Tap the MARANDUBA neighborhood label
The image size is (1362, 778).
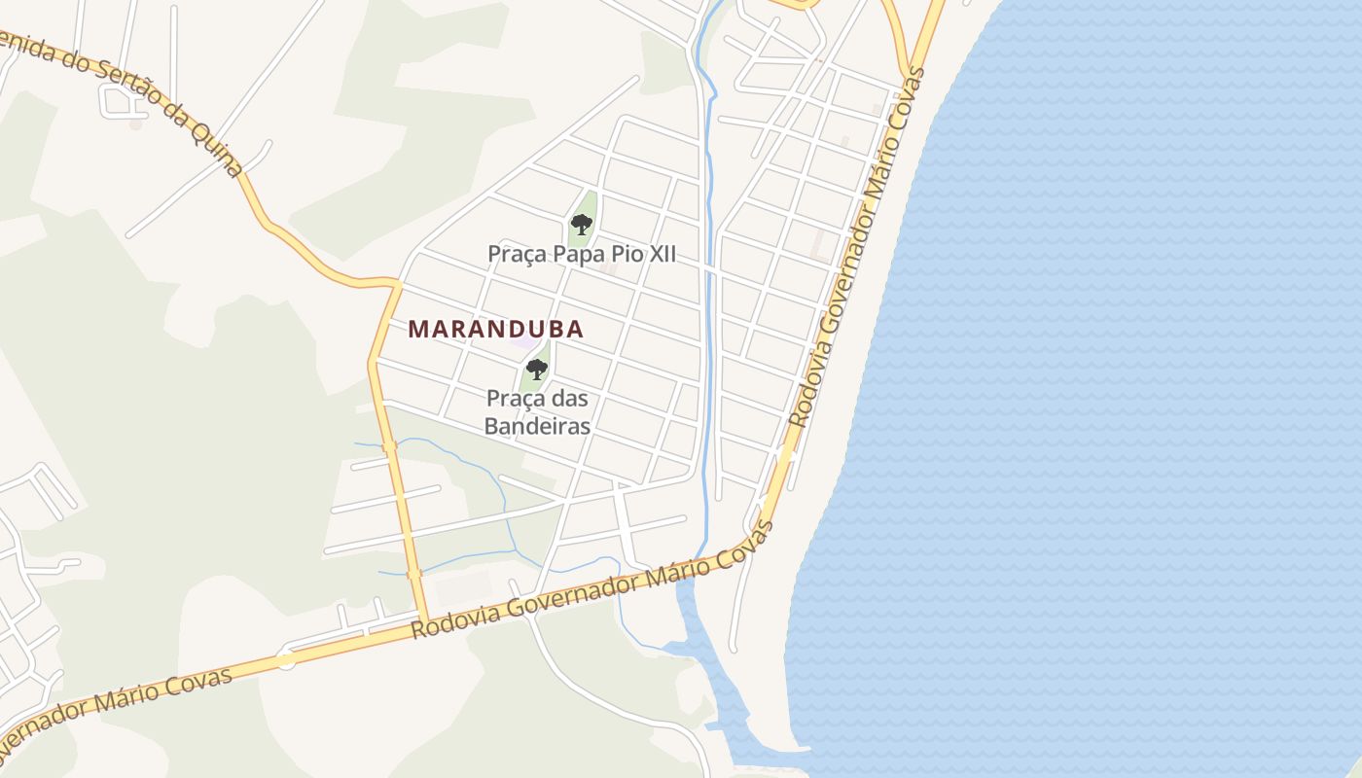point(495,330)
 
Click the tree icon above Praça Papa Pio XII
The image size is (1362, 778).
point(582,226)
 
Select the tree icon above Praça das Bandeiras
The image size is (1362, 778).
point(536,370)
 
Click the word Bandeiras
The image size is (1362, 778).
point(538,426)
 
